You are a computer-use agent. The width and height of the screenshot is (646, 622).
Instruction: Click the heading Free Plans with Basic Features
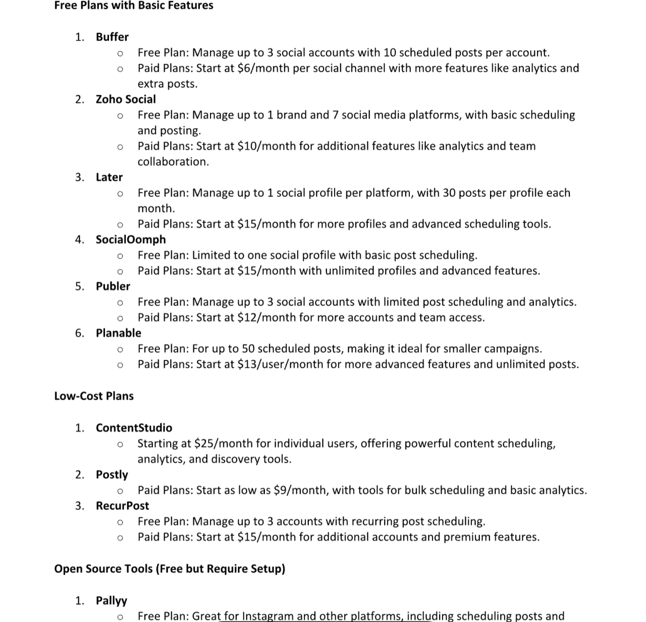[134, 6]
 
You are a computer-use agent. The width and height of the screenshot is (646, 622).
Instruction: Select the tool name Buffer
[112, 37]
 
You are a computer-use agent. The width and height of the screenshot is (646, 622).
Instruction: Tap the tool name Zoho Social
[126, 99]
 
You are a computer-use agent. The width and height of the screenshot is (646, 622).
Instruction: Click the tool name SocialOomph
[131, 240]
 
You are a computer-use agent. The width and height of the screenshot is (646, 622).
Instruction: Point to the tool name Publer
[113, 286]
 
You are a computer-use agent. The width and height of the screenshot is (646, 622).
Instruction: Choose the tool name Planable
[119, 333]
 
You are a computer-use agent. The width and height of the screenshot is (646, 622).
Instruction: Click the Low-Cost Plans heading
[94, 396]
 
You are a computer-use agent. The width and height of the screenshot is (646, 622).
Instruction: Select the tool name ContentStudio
[134, 428]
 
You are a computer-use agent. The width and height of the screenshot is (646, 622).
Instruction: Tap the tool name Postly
[112, 474]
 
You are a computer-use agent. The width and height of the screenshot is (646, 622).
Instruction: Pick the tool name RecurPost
[123, 506]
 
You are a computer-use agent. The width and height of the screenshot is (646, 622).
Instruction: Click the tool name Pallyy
[112, 600]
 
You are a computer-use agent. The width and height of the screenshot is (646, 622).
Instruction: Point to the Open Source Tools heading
[170, 568]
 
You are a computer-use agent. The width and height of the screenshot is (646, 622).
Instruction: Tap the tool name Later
[109, 177]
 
